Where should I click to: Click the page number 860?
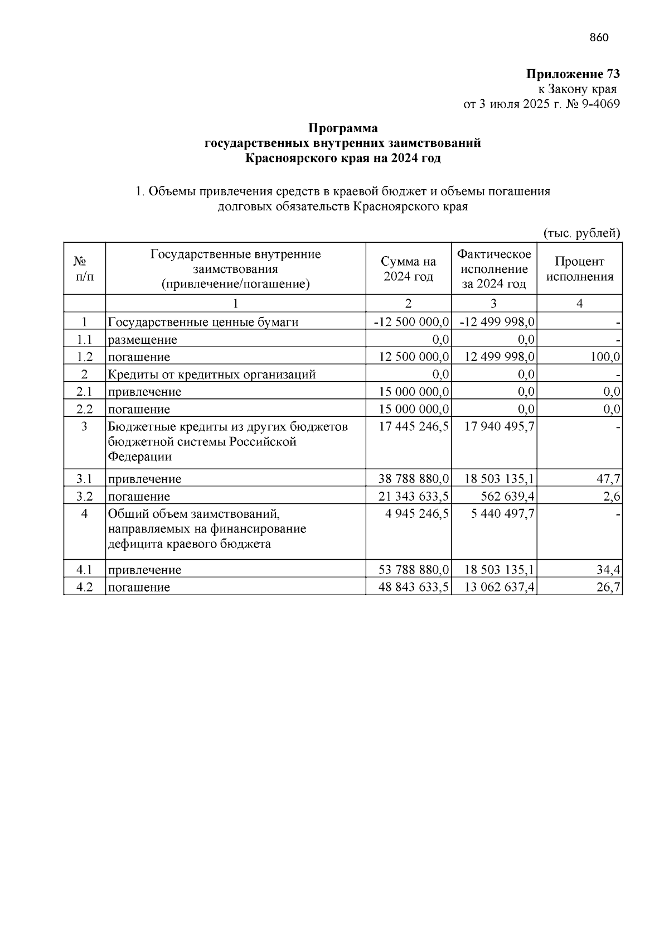click(x=599, y=38)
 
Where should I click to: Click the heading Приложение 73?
click(x=573, y=74)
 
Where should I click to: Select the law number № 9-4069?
click(x=593, y=104)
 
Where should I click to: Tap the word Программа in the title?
click(x=343, y=128)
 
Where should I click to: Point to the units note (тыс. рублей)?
click(x=581, y=233)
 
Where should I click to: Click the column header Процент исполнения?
click(x=579, y=269)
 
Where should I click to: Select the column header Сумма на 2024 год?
click(x=408, y=269)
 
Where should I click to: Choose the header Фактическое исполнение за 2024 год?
click(x=494, y=269)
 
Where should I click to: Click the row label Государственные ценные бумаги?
click(x=203, y=322)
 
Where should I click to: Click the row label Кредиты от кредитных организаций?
click(x=212, y=374)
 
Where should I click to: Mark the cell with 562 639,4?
click(x=507, y=497)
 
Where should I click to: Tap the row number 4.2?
click(x=84, y=587)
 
